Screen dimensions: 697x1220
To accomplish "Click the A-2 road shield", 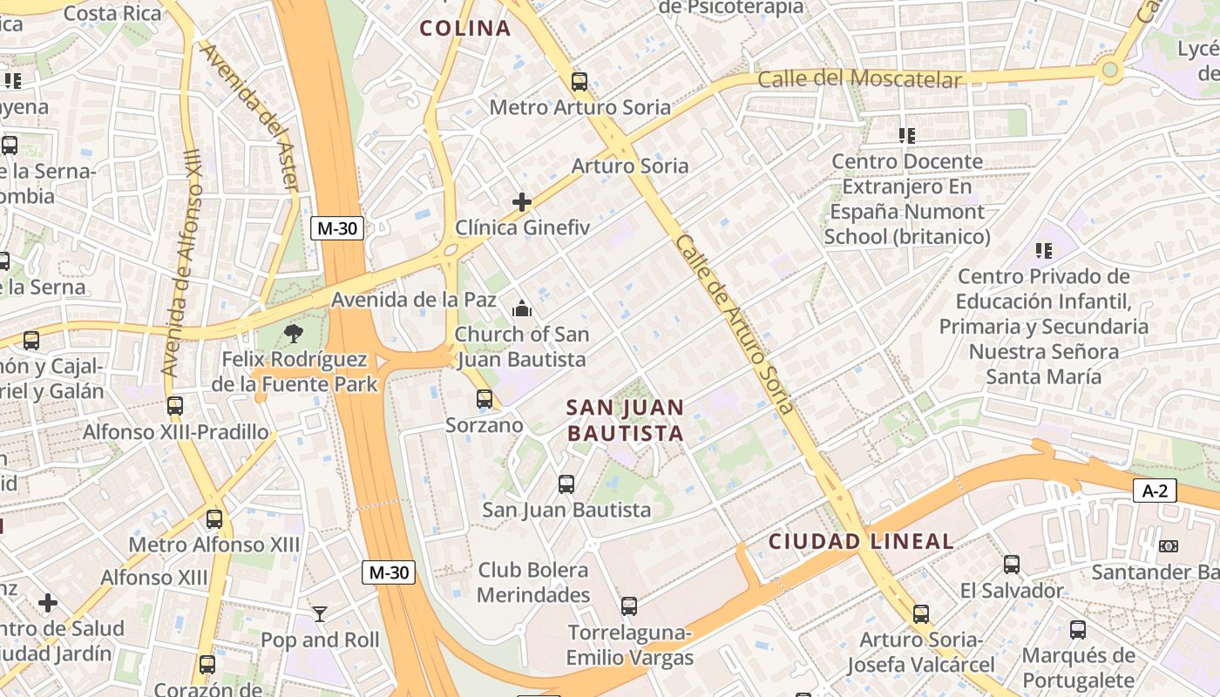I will [x=1155, y=491].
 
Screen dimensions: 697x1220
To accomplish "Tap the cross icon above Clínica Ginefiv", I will [x=522, y=202].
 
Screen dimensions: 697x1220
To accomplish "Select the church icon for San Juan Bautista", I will [x=522, y=308].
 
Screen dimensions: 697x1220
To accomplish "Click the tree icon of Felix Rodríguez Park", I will [x=295, y=332].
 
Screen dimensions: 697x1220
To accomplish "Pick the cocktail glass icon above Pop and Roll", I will [x=320, y=614].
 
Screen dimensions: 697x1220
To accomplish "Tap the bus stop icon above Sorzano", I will [x=485, y=399].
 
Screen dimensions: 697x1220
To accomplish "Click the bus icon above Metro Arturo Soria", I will [x=579, y=82].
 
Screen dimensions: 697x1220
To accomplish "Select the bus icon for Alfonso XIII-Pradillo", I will [x=175, y=405].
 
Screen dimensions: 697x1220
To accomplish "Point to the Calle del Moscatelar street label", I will [x=859, y=79].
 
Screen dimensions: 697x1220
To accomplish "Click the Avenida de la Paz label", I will [x=413, y=300].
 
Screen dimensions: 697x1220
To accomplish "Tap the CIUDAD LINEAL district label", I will [x=861, y=541].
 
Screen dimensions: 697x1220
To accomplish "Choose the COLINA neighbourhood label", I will [x=465, y=28].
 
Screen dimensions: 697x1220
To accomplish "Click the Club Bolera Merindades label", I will [x=533, y=582].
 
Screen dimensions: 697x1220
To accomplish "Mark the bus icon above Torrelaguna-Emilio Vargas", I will [x=629, y=606].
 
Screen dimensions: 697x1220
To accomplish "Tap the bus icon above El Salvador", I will [x=1012, y=564].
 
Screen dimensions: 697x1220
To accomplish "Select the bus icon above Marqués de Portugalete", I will [x=1078, y=629].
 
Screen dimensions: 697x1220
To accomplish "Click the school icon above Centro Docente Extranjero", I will [x=907, y=135].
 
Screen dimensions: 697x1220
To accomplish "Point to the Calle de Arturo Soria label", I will [x=735, y=324].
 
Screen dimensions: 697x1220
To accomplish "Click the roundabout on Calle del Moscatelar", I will [x=1109, y=70].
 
